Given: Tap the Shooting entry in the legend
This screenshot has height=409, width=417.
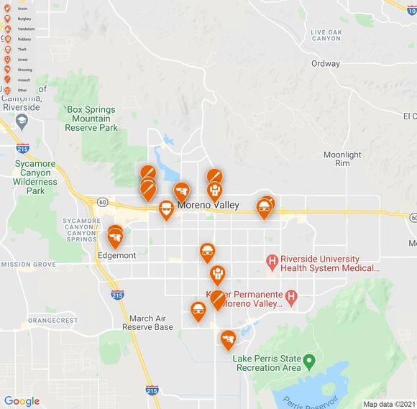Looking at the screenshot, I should pos(24,70).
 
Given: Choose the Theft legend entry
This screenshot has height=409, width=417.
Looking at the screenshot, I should pos(22,50).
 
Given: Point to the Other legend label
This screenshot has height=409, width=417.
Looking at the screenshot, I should pos(22,90).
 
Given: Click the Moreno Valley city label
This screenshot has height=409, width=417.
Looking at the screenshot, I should pos(208,206).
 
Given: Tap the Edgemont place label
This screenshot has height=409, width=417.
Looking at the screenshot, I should pos(116,255).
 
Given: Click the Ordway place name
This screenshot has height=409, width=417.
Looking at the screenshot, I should pos(325,64).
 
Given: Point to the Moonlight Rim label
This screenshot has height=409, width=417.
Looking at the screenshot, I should pos(342,159).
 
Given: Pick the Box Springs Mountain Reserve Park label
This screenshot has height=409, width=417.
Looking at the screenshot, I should pos(91,119).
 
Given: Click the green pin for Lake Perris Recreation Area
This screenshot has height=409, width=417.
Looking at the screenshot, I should pos(309,359).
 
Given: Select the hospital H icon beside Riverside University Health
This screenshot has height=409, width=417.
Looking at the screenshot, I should pos(272,261).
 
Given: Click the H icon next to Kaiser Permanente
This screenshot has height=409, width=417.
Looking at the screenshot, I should pos(290,295).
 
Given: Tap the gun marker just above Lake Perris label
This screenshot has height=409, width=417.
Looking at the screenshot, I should pos(228,338).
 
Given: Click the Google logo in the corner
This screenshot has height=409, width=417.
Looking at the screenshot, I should pos(22,401).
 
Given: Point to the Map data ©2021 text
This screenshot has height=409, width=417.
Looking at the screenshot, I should pos(388,404).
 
